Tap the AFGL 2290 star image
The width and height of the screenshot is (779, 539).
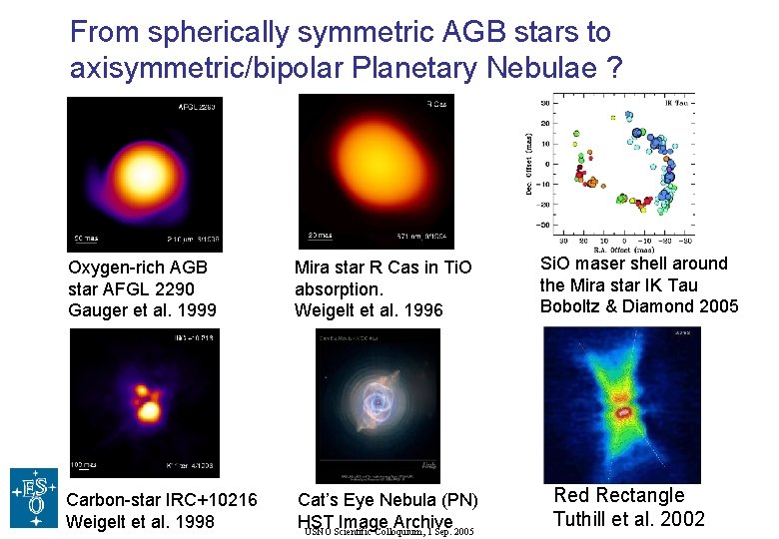[144, 174]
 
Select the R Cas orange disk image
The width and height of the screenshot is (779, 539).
[377, 174]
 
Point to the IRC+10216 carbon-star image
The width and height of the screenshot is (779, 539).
[144, 403]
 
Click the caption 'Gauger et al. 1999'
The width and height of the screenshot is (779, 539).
[142, 310]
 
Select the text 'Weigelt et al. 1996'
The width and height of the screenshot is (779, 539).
[369, 310]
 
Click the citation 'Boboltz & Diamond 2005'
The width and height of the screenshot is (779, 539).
[639, 306]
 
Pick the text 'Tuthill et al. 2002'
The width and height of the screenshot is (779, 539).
[629, 519]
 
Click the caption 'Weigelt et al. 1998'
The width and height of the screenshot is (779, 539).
[140, 521]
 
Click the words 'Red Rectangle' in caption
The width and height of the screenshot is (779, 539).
[619, 496]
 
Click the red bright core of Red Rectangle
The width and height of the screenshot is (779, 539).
[625, 410]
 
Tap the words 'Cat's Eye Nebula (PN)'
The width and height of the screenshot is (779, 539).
[389, 500]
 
